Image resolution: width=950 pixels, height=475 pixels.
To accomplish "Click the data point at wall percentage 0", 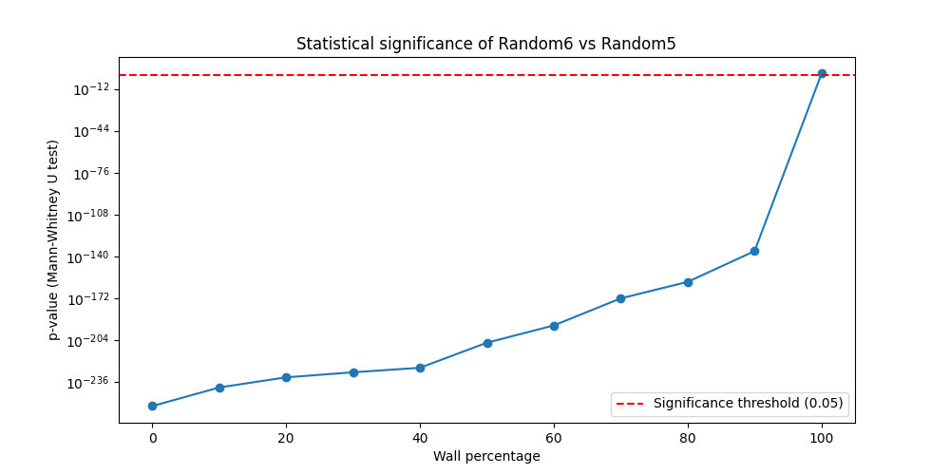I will point(152,406).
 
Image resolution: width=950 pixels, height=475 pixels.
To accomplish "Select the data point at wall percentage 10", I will point(219,388).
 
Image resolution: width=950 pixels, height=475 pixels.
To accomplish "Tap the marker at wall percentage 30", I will point(353,372).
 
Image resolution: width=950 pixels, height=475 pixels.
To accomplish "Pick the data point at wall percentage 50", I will point(487,343).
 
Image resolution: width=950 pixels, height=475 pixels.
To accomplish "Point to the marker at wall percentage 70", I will point(620,298).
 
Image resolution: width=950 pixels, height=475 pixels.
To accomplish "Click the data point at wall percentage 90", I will point(754,251).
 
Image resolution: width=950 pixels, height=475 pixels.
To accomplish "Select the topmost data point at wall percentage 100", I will point(822,73).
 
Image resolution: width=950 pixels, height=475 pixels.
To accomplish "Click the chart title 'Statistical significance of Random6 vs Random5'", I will point(485,44).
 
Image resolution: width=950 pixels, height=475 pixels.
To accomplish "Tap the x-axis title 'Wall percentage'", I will point(486,456).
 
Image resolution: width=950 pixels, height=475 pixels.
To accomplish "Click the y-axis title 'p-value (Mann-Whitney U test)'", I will point(54,239).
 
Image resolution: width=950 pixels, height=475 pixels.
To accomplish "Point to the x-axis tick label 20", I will point(286,438).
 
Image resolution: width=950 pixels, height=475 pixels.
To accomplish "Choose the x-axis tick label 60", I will point(554,438).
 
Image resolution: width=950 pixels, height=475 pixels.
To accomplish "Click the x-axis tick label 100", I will point(822,438).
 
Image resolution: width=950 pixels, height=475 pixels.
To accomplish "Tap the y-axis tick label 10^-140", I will point(86,256).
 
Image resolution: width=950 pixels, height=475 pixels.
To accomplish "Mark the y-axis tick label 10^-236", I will point(86,382).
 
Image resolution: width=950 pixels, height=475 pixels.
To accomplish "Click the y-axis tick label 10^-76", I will point(89,173).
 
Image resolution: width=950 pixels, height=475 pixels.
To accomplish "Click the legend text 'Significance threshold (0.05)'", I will point(748,404).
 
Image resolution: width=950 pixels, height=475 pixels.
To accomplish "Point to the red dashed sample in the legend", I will point(630,404).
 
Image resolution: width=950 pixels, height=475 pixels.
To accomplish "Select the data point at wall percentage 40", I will point(420,368).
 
